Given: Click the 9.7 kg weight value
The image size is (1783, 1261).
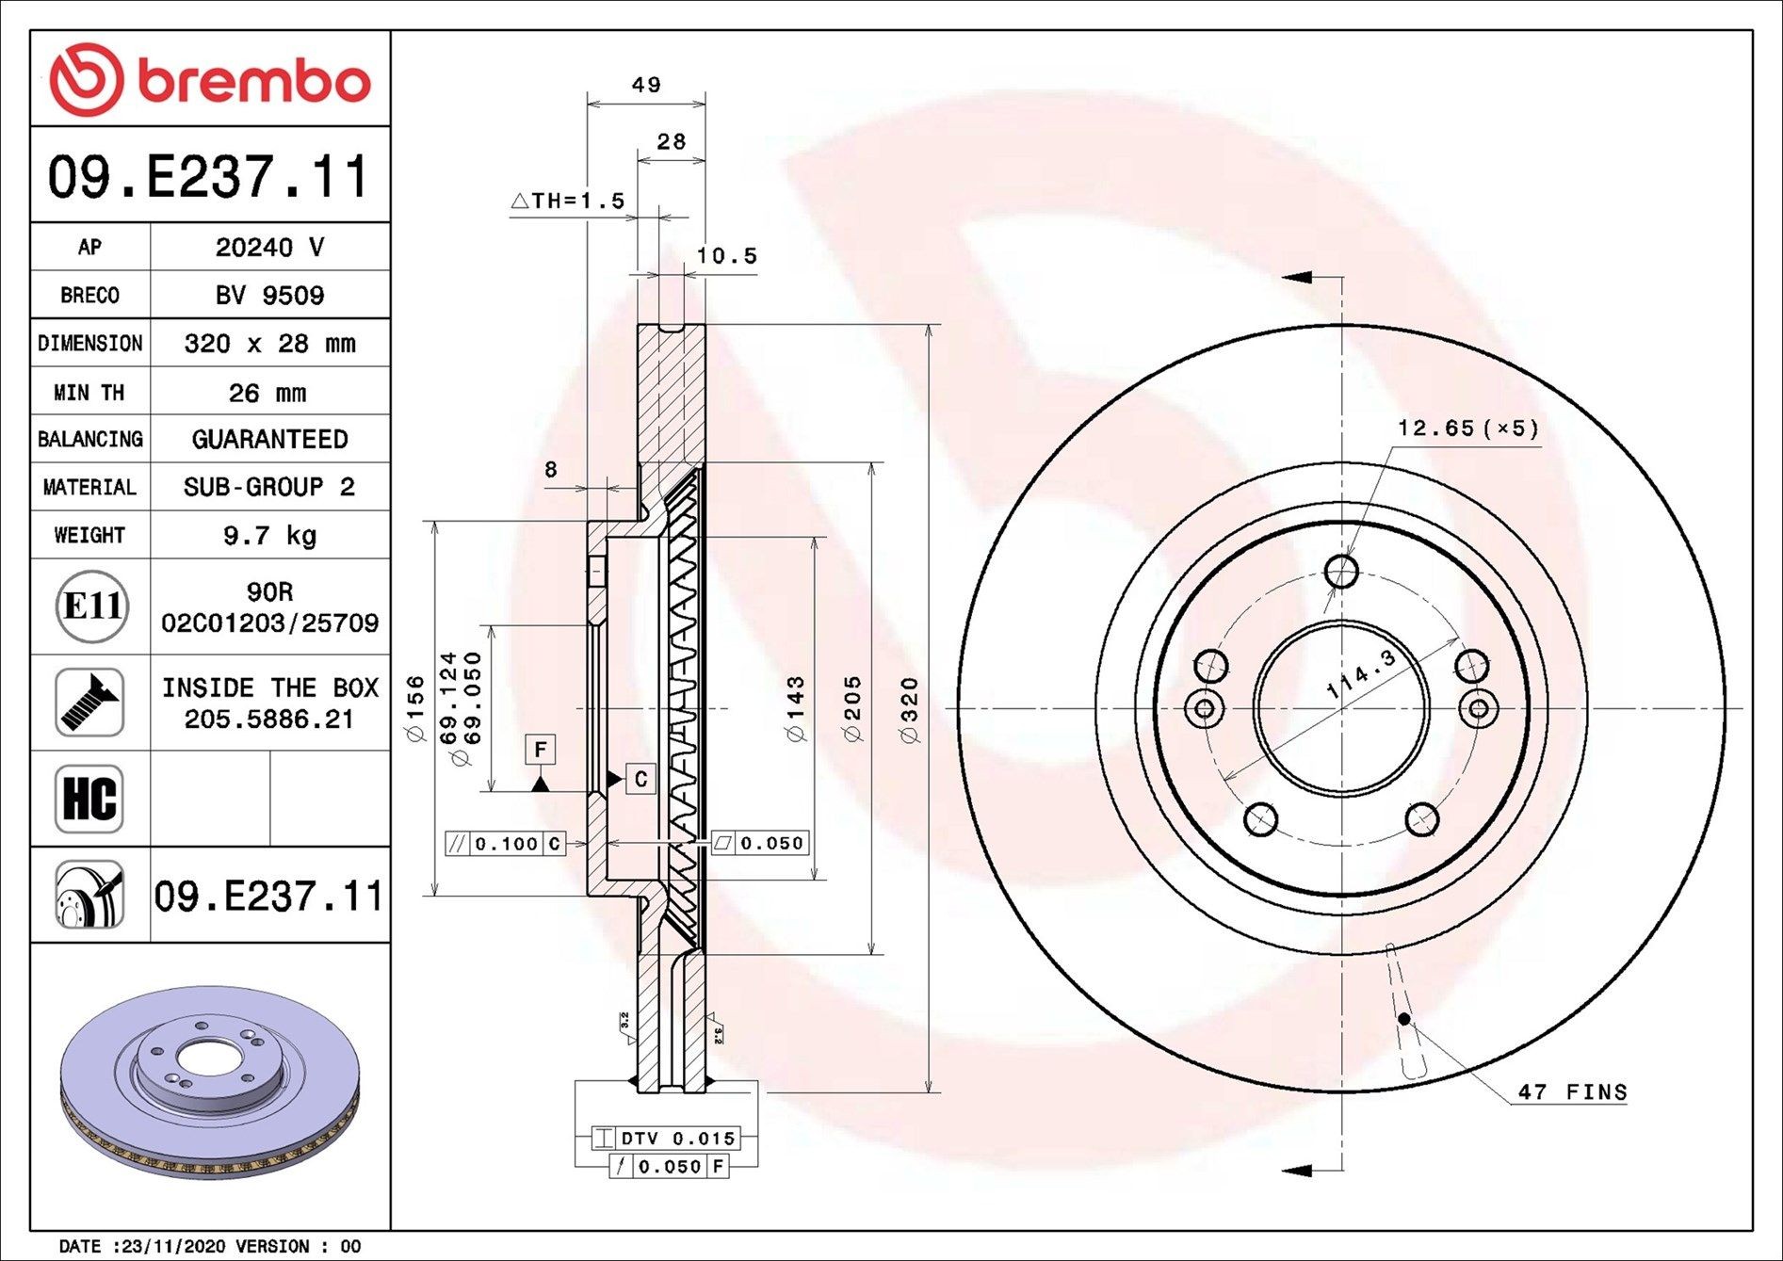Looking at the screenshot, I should coord(269,536).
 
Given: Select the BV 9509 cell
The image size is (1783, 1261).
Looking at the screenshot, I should coord(269,296).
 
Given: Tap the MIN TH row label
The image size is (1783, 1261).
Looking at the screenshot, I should coord(89,393).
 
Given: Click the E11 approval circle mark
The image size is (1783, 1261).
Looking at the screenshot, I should coord(90,606).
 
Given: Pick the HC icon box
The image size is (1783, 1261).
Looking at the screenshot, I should coord(89,799).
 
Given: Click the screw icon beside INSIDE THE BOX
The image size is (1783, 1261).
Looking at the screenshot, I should coord(89,703).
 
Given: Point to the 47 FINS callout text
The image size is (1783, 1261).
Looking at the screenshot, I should coord(1572,1092).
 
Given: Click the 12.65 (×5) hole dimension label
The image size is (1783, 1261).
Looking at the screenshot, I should coord(1467,428).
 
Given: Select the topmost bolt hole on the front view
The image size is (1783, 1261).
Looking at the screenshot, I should coord(1341,571).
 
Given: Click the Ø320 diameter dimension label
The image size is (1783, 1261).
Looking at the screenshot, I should coord(909,709).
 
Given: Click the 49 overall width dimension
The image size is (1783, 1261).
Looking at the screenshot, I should coord(646,85).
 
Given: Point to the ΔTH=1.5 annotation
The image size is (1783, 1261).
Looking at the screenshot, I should coord(568,201).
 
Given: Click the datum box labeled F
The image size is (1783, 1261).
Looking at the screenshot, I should coord(541,750).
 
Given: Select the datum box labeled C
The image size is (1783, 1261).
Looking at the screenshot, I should coord(640,779).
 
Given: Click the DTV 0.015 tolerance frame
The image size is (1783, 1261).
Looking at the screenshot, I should coord(677,1139).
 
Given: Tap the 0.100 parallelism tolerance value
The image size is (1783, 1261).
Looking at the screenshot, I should coord(506,844).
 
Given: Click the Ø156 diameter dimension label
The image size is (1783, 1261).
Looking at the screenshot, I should coord(415,708).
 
